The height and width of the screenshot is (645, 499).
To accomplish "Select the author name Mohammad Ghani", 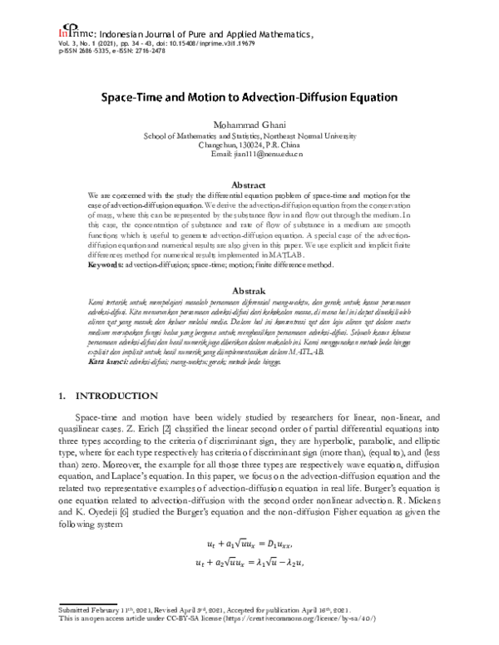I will tap(249, 123).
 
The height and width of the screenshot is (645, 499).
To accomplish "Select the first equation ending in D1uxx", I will tap(249, 544).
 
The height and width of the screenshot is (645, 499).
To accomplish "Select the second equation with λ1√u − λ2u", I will tap(249, 564).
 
